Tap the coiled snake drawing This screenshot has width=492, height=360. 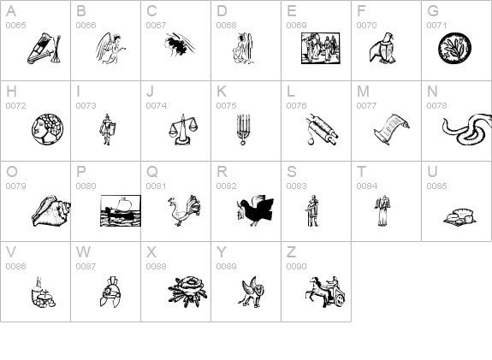pyautogui.click(x=467, y=129)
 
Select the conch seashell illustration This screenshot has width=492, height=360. pyautogui.click(x=51, y=210)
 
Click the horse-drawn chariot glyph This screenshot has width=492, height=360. pyautogui.click(x=325, y=292)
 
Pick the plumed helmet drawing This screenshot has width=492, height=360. pyautogui.click(x=110, y=292)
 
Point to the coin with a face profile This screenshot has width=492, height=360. pyautogui.click(x=47, y=129)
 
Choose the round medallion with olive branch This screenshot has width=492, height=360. pyautogui.click(x=454, y=49)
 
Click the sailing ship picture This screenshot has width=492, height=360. pyautogui.click(x=121, y=210)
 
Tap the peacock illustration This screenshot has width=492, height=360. pyautogui.click(x=184, y=210)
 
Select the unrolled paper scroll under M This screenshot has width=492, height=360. pyautogui.click(x=392, y=129)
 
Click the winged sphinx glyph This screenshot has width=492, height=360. pyautogui.click(x=252, y=292)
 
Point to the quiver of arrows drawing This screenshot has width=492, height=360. pyautogui.click(x=44, y=49)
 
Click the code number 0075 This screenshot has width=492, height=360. pyautogui.click(x=226, y=106)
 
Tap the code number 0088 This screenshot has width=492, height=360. pyautogui.click(x=156, y=266)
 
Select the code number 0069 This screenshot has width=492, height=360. pyautogui.click(x=297, y=25)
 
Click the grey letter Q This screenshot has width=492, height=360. pyautogui.click(x=152, y=172)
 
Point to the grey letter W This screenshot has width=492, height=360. pyautogui.click(x=84, y=251)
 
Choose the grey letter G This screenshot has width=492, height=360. pyautogui.click(x=433, y=11)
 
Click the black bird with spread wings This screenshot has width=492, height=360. pyautogui.click(x=255, y=210)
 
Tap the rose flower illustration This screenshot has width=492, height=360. pyautogui.click(x=187, y=292)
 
